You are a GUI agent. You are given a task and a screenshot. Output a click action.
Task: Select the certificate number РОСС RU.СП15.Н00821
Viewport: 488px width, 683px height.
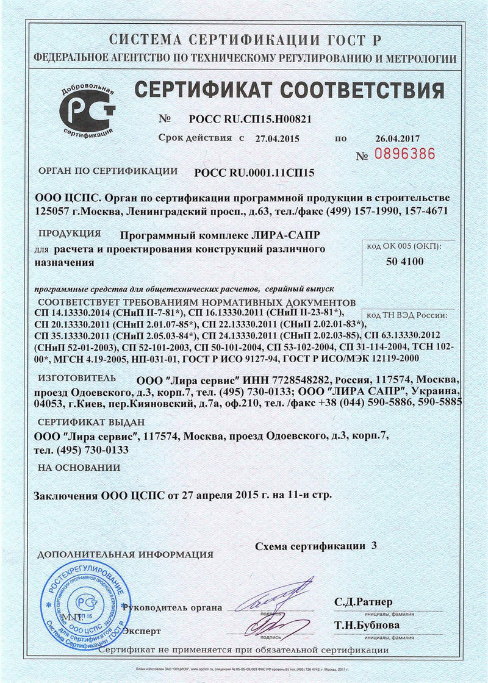pyautogui.click(x=242, y=119)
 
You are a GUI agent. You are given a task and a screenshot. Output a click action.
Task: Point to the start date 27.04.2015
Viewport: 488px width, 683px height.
pyautogui.click(x=278, y=138)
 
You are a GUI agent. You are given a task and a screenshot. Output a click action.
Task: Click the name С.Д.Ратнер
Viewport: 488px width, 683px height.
pyautogui.click(x=364, y=602)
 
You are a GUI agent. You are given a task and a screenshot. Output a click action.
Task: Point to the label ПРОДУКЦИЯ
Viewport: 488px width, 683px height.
pyautogui.click(x=70, y=234)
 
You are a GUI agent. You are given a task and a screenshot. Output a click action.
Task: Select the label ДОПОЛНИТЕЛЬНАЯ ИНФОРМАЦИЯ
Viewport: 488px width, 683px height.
pyautogui.click(x=126, y=555)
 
